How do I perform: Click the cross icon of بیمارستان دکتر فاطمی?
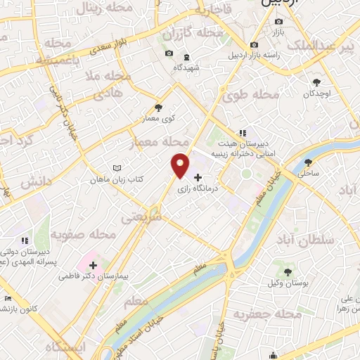tap(93, 265)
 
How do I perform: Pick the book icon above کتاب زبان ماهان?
tap(117, 169)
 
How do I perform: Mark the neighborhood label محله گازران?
tap(193, 33)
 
